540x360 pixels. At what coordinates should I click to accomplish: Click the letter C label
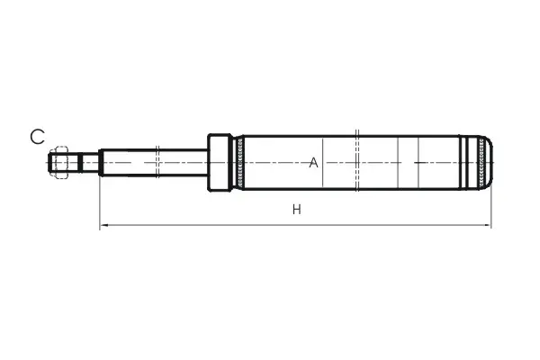(37, 137)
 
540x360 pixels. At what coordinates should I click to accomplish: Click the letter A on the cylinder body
(313, 163)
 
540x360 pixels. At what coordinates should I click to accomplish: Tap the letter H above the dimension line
(297, 209)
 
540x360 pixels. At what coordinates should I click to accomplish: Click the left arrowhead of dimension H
(103, 225)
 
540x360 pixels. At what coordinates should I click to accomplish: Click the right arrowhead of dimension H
(487, 225)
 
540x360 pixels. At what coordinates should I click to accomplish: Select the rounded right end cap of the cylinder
(487, 162)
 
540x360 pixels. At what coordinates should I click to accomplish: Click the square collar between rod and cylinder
(219, 162)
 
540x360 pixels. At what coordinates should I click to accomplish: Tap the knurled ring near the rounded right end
(481, 162)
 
